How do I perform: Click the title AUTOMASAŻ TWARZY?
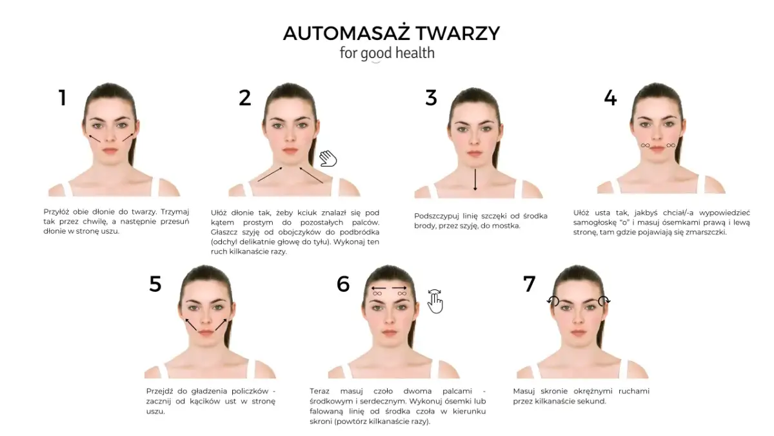(x=391, y=33)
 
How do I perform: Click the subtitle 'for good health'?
(x=387, y=53)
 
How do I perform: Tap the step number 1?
(x=63, y=98)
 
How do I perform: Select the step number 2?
(x=244, y=98)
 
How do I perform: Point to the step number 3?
(x=431, y=98)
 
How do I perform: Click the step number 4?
(x=610, y=98)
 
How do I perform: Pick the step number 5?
(x=155, y=284)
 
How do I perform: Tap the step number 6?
(x=343, y=284)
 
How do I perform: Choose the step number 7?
(x=529, y=284)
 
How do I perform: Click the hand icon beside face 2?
(x=328, y=158)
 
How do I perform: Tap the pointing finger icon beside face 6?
(x=436, y=301)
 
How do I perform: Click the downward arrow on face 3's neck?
(x=475, y=180)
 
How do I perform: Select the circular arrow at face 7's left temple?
(x=553, y=300)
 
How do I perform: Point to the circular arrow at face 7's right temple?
(x=604, y=300)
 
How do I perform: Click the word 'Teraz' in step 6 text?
(x=320, y=391)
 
